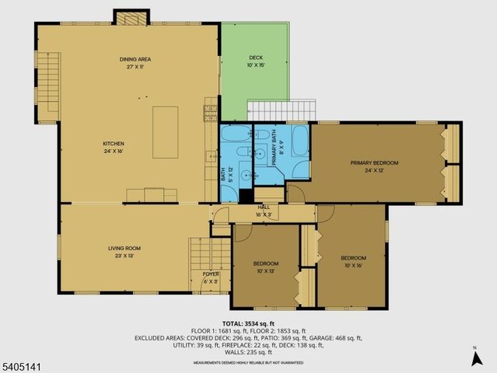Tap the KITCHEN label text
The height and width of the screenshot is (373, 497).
click(x=114, y=143)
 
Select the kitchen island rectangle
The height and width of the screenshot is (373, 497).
click(x=165, y=132)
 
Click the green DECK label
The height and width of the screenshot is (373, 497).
click(x=256, y=58)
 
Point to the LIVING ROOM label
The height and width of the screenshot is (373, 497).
click(x=124, y=248)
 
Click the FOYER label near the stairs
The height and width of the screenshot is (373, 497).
click(x=210, y=274)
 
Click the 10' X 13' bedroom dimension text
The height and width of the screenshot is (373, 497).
click(x=264, y=271)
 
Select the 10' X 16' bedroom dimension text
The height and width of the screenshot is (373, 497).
click(x=352, y=265)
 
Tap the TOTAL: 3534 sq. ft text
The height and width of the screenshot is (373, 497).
click(x=248, y=323)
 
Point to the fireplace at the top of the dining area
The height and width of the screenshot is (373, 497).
click(x=131, y=17)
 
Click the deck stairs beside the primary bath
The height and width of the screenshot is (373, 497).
click(x=282, y=110)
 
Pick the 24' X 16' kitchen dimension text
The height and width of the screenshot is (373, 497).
click(x=114, y=151)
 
